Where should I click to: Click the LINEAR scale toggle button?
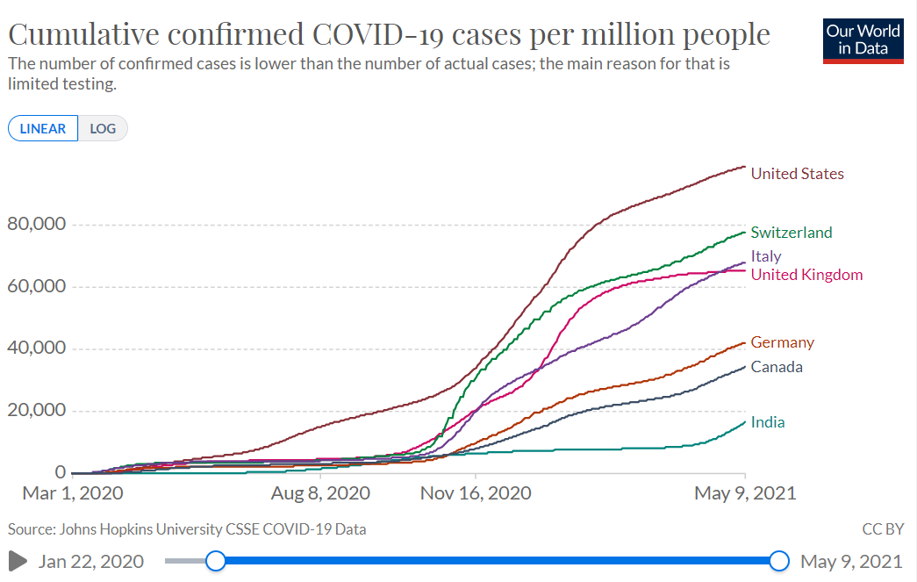(x=43, y=128)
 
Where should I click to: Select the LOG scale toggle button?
(x=103, y=128)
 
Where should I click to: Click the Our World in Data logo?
(x=863, y=40)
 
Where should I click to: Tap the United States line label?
(x=797, y=174)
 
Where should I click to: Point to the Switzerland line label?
(x=791, y=233)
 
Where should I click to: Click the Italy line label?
(x=765, y=256)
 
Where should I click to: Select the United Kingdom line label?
(x=806, y=275)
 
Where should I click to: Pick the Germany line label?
(x=782, y=342)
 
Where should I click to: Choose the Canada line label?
(x=777, y=367)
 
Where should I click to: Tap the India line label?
(x=768, y=422)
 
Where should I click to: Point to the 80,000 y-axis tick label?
(x=37, y=224)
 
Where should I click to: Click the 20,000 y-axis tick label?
(x=37, y=410)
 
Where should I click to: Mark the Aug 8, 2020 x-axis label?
(x=320, y=493)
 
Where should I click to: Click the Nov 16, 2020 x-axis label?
(x=476, y=493)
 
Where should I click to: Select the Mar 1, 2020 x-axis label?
(x=73, y=493)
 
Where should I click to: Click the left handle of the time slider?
(x=215, y=561)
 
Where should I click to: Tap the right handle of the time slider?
(x=778, y=561)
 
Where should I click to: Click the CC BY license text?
(x=882, y=529)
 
